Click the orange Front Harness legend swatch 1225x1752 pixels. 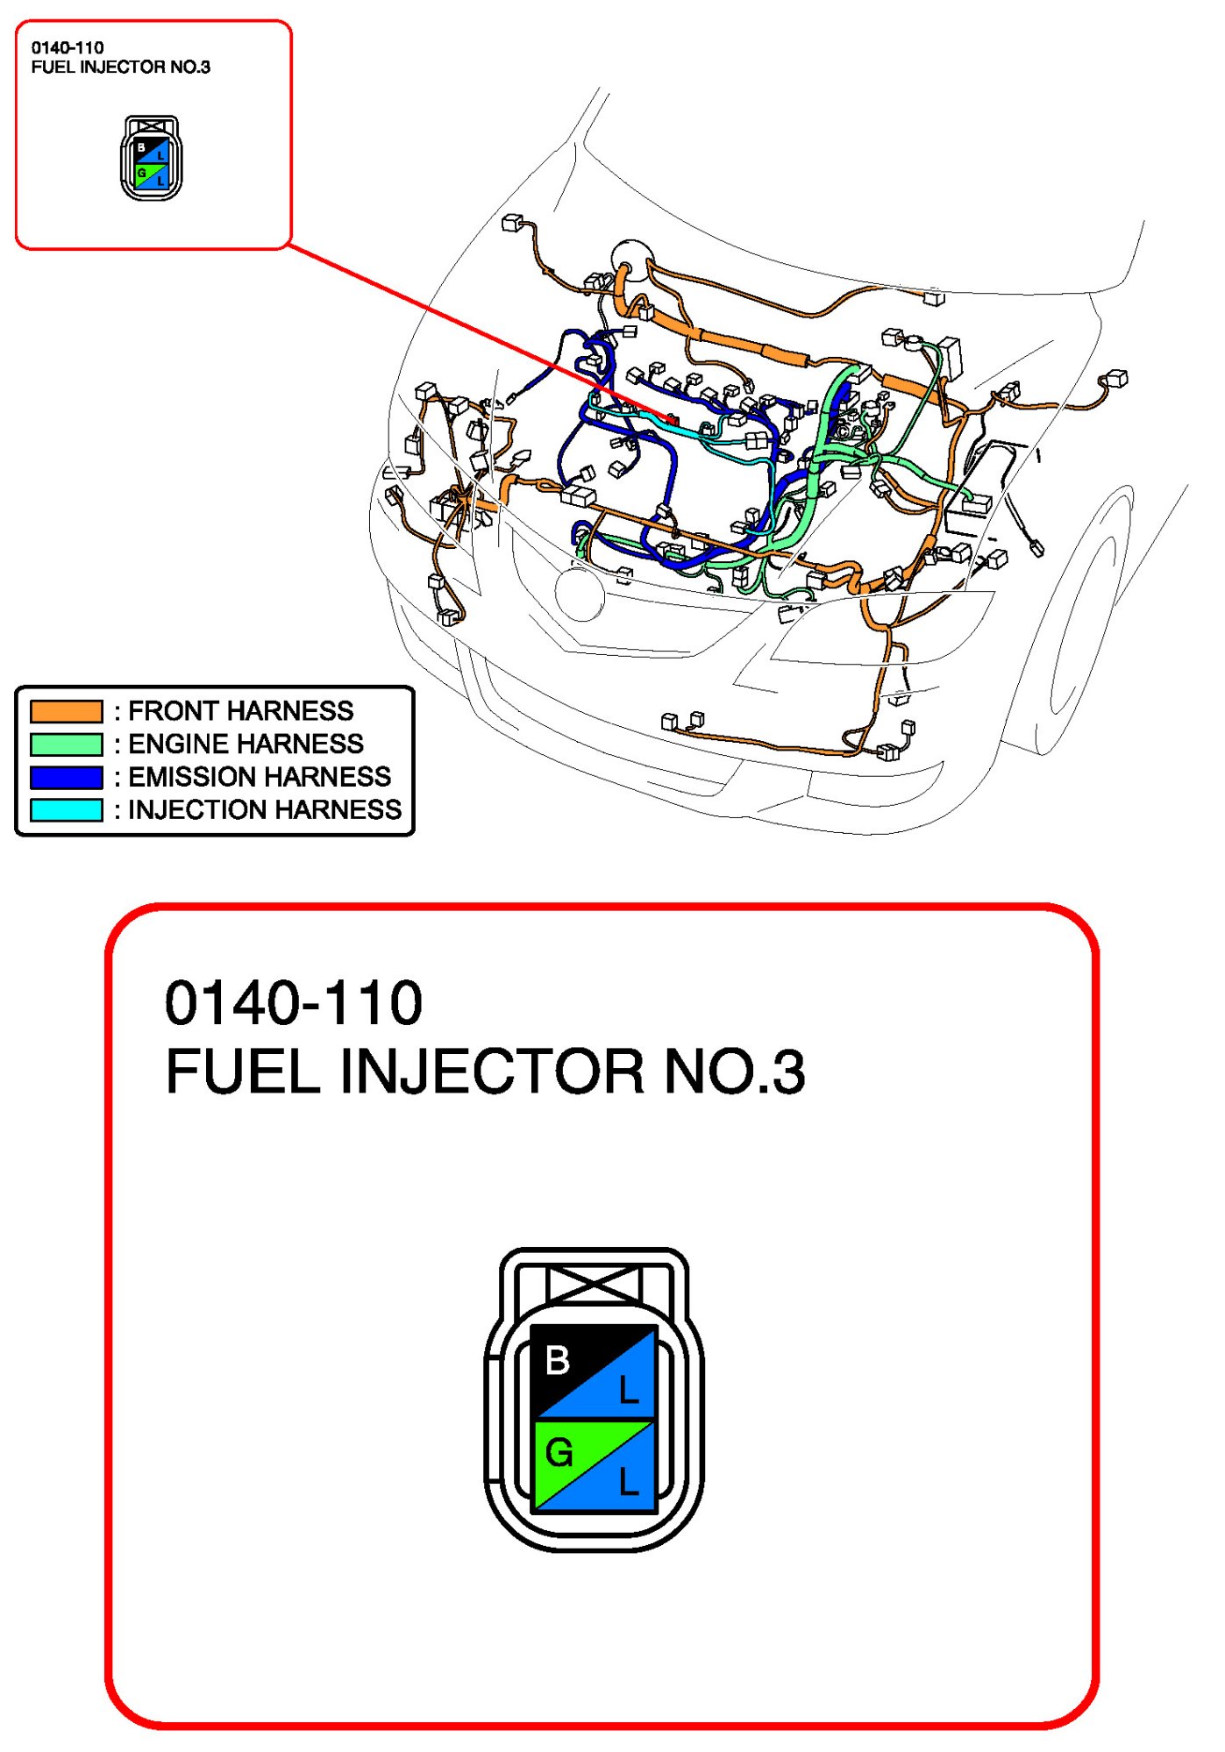(x=66, y=711)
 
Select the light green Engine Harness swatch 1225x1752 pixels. (x=66, y=744)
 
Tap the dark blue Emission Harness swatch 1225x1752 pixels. (x=66, y=777)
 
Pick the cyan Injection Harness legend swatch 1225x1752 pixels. (x=66, y=809)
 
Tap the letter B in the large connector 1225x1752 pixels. (x=558, y=1361)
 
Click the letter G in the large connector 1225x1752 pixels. (x=559, y=1453)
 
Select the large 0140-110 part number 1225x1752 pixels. (x=294, y=1003)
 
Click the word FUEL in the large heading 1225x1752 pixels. (x=243, y=1072)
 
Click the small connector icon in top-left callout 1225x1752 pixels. (x=151, y=158)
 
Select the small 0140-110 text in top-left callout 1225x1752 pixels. (x=68, y=48)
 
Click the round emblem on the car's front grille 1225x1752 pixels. (x=580, y=594)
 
